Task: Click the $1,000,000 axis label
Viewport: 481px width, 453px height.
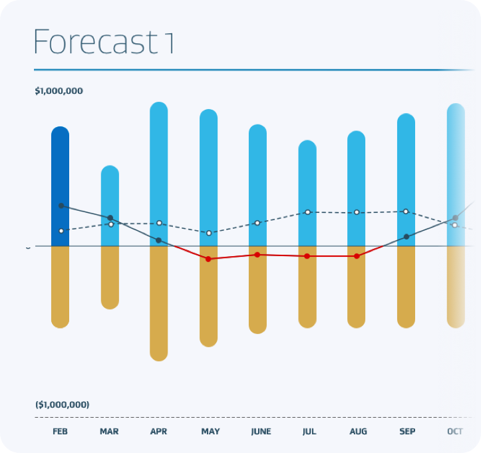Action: point(59,91)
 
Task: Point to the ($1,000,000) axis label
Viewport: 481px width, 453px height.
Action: point(62,404)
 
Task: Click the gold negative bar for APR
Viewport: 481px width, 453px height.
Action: point(159,303)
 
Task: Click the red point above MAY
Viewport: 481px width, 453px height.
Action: point(208,259)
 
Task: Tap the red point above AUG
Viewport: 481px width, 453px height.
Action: point(357,256)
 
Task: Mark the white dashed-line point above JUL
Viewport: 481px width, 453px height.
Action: point(307,212)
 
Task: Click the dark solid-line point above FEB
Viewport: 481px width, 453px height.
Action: point(61,206)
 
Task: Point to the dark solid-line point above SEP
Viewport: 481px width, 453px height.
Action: point(406,237)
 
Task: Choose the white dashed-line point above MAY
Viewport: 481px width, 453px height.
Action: point(209,233)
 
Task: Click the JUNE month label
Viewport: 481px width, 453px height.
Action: point(261,432)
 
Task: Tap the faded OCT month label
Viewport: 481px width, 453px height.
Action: point(455,432)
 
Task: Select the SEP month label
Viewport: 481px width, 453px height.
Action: point(407,432)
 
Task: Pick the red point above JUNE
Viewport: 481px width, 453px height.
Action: point(257,255)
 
